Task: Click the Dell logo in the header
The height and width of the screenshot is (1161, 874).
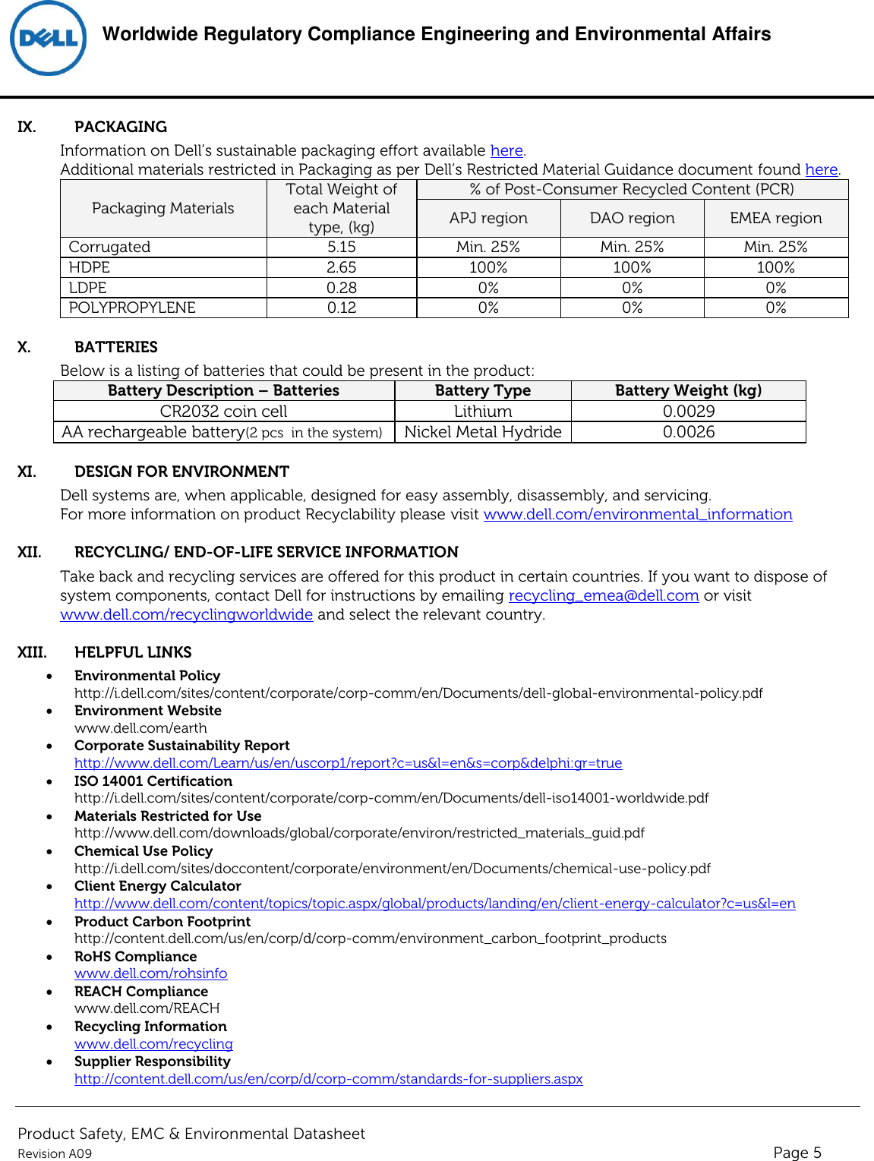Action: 48,39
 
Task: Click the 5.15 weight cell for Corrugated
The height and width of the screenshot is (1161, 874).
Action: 341,247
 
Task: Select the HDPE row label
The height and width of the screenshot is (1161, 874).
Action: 90,267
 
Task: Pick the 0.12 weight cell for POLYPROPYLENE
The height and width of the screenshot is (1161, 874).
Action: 341,308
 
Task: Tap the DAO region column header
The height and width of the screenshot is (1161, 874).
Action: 632,218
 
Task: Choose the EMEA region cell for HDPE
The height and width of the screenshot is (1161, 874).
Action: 775,267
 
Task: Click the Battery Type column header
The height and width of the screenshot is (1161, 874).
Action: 482,390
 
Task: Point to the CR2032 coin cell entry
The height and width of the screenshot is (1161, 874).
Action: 223,412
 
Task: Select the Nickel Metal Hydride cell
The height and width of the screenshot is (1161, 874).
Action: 482,432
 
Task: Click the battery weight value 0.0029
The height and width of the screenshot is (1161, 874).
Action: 688,412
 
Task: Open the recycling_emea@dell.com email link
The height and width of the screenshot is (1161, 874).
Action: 603,596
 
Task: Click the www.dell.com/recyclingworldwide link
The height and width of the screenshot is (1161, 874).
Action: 186,615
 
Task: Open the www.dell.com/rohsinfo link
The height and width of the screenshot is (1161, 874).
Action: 150,973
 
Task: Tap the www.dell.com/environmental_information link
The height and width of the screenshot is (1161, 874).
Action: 638,515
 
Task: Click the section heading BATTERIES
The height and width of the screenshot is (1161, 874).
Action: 116,347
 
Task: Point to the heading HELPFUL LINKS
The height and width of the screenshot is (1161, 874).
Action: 133,652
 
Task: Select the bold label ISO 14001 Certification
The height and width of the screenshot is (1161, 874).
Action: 153,781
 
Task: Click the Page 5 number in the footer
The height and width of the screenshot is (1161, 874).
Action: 797,1153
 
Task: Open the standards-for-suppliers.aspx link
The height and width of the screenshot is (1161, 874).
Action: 328,1079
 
